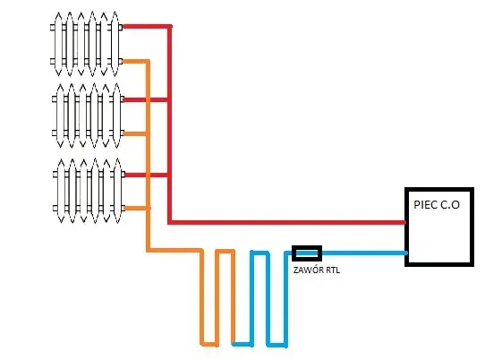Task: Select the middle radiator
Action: pos(87,114)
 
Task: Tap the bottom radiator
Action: pos(87,190)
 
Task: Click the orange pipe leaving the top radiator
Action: pos(134,61)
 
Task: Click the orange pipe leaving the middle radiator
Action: pos(134,134)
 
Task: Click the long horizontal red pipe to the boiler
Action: pos(286,221)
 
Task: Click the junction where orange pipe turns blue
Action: pos(233,343)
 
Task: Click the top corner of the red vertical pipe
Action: pos(169,26)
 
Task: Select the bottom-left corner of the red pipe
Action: pos(169,221)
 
